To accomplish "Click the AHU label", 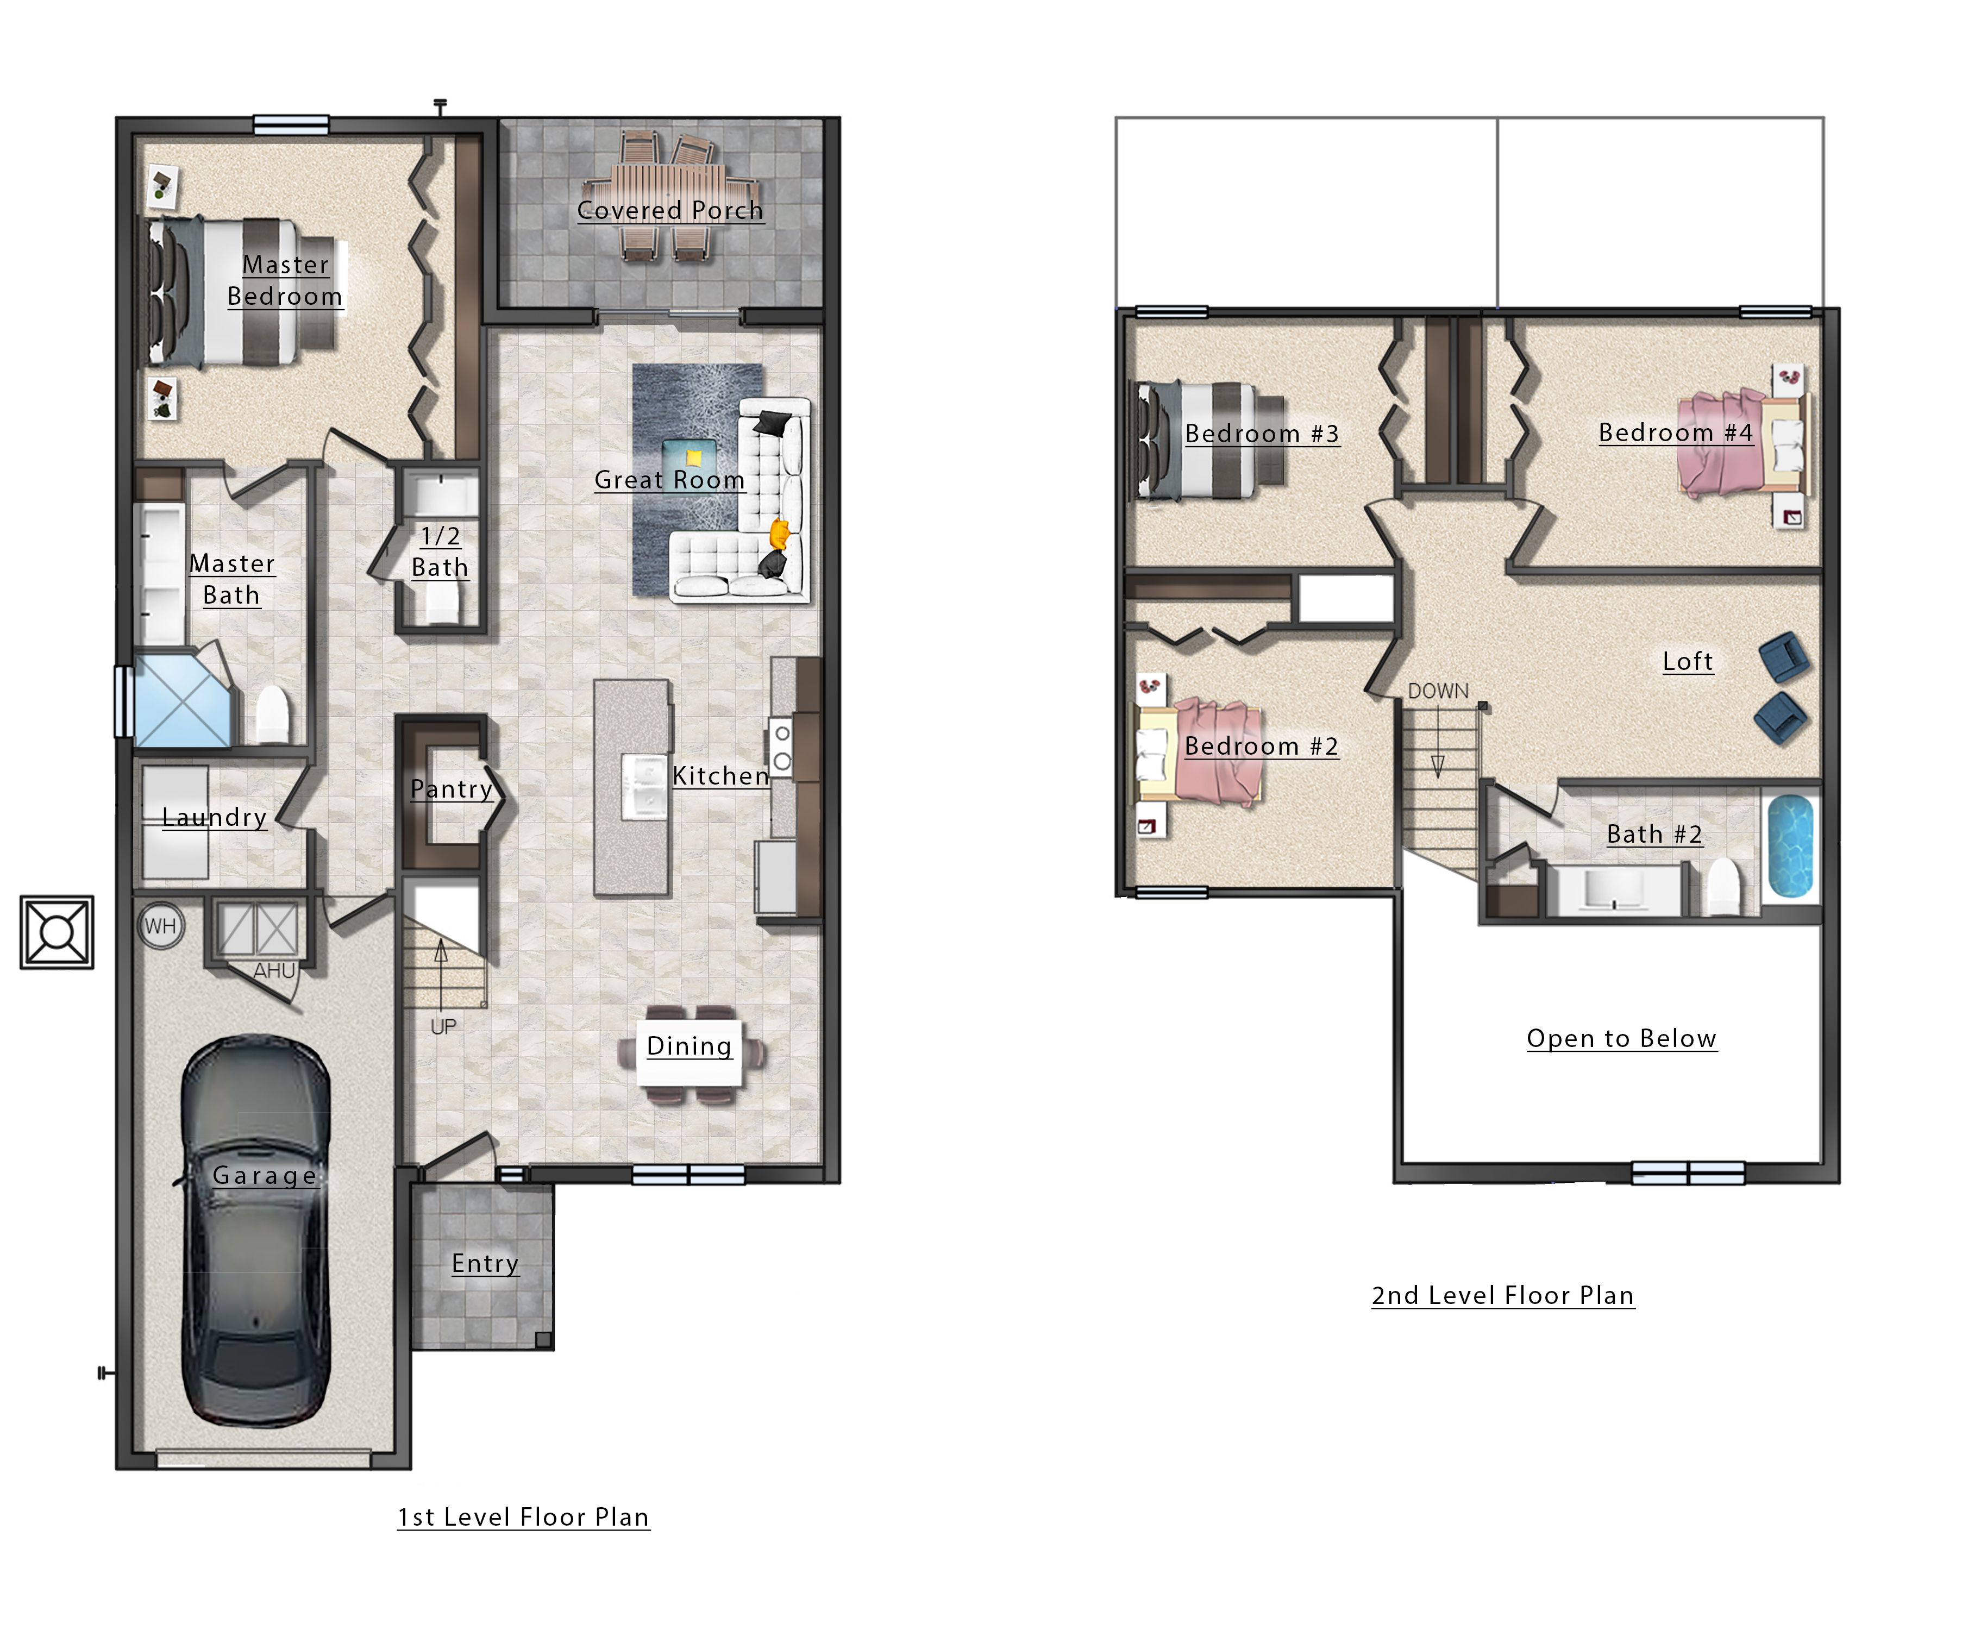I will (x=274, y=971).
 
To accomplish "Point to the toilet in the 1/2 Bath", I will (x=443, y=604).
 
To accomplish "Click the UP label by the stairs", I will (x=443, y=1026).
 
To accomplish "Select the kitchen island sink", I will (x=644, y=785).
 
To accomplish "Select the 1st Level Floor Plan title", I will (x=523, y=1517).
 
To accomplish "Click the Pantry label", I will (x=450, y=789).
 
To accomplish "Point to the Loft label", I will (x=1687, y=662).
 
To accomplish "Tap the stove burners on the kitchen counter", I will (x=781, y=748).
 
